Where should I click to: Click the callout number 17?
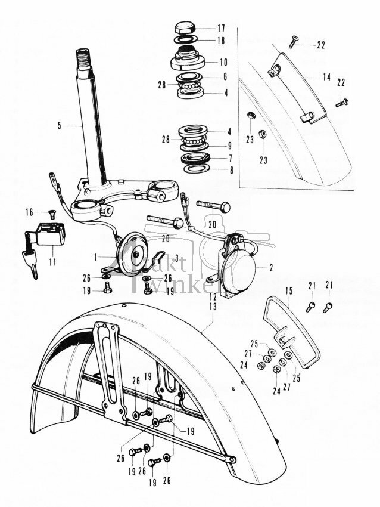coord(222,28)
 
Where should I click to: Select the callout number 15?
coord(289,292)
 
